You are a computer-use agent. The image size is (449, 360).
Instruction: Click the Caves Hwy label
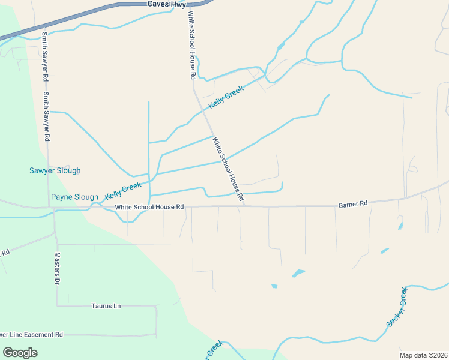click(x=164, y=4)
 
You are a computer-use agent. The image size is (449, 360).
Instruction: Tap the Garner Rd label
click(x=352, y=204)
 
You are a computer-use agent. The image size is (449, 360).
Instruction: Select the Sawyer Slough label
click(x=55, y=170)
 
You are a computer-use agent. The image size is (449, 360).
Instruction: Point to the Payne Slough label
click(x=74, y=197)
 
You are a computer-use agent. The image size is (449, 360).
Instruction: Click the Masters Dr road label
click(x=58, y=268)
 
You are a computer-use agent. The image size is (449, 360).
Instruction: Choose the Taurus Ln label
click(x=106, y=306)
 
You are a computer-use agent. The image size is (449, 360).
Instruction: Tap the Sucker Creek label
click(x=397, y=307)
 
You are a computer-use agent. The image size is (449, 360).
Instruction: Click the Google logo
click(x=20, y=352)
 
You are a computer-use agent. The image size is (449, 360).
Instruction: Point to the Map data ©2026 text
click(x=423, y=355)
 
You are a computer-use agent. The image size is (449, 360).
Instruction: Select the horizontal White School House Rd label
click(x=149, y=207)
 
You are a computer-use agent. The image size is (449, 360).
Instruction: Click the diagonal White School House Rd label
click(x=228, y=169)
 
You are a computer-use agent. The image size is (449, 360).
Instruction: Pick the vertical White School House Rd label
click(x=191, y=46)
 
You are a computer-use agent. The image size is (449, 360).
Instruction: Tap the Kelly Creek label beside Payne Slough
click(x=123, y=191)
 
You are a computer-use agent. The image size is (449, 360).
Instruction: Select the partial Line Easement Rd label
click(x=31, y=334)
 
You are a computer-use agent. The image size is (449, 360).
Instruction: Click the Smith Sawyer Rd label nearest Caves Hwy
click(x=44, y=57)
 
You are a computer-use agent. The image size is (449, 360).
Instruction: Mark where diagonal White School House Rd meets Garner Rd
click(x=244, y=206)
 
